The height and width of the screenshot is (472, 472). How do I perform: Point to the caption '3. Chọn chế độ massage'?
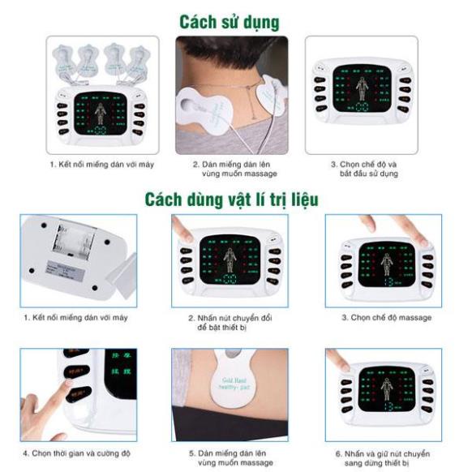click(x=385, y=317)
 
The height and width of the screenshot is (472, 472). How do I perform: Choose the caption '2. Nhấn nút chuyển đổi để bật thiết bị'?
click(x=230, y=322)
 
